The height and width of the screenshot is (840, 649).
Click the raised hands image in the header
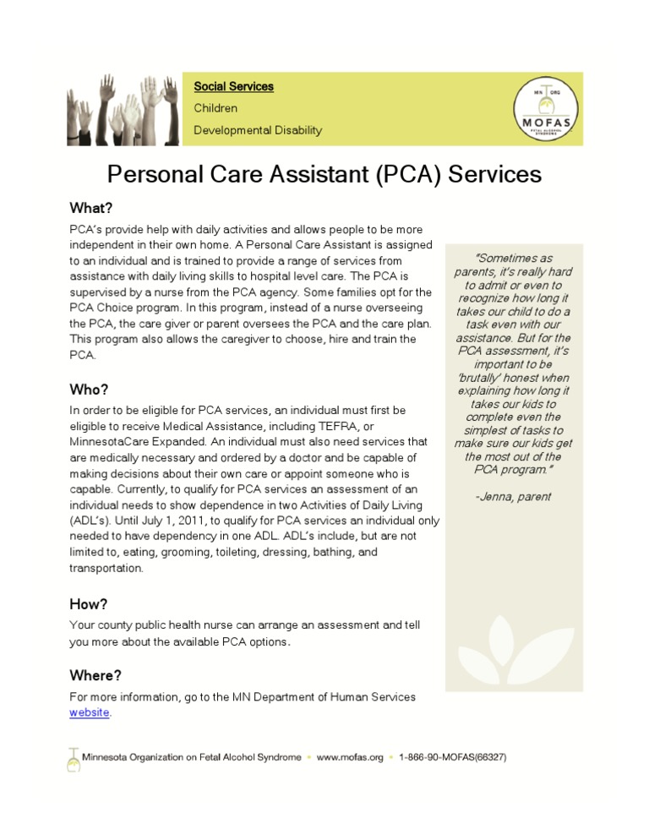pyautogui.click(x=123, y=108)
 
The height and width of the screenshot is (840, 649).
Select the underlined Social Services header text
pyautogui.click(x=233, y=86)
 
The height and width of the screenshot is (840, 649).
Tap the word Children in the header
pyautogui.click(x=215, y=108)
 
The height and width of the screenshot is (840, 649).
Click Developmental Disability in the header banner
pyautogui.click(x=258, y=130)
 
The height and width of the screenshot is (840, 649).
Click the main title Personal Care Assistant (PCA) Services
pyautogui.click(x=324, y=174)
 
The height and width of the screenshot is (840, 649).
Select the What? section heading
pyautogui.click(x=91, y=208)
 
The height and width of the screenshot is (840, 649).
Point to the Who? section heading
pyautogui.click(x=89, y=390)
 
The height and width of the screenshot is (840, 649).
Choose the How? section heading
pyautogui.click(x=89, y=604)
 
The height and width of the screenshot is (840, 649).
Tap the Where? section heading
pyautogui.click(x=95, y=675)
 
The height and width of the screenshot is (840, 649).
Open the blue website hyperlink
pyautogui.click(x=89, y=712)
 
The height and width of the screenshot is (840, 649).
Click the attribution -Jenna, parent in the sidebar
pyautogui.click(x=513, y=496)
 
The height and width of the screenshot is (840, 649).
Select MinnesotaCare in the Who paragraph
pyautogui.click(x=111, y=441)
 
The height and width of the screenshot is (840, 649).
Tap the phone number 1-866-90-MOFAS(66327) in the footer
pyautogui.click(x=452, y=757)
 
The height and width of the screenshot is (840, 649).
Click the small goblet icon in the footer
pyautogui.click(x=73, y=758)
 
